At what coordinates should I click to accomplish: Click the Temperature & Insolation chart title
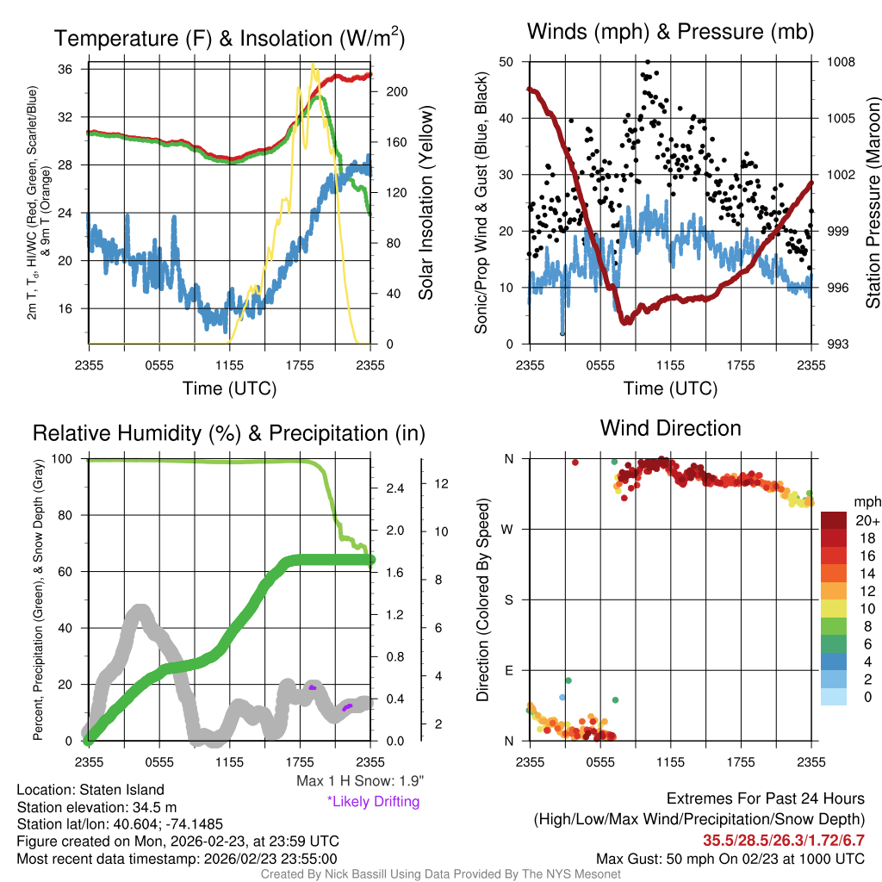(x=230, y=39)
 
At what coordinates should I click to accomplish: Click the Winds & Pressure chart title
(x=670, y=33)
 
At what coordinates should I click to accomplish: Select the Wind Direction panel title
(x=670, y=428)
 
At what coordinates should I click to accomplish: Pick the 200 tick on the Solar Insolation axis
(x=394, y=91)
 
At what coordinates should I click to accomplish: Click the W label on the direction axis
(x=508, y=530)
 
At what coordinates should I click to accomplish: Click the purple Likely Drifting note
(x=373, y=802)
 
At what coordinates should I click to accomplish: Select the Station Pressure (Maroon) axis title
(x=872, y=202)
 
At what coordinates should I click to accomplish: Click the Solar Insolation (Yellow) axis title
(x=425, y=202)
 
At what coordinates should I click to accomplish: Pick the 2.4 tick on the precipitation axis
(x=394, y=488)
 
